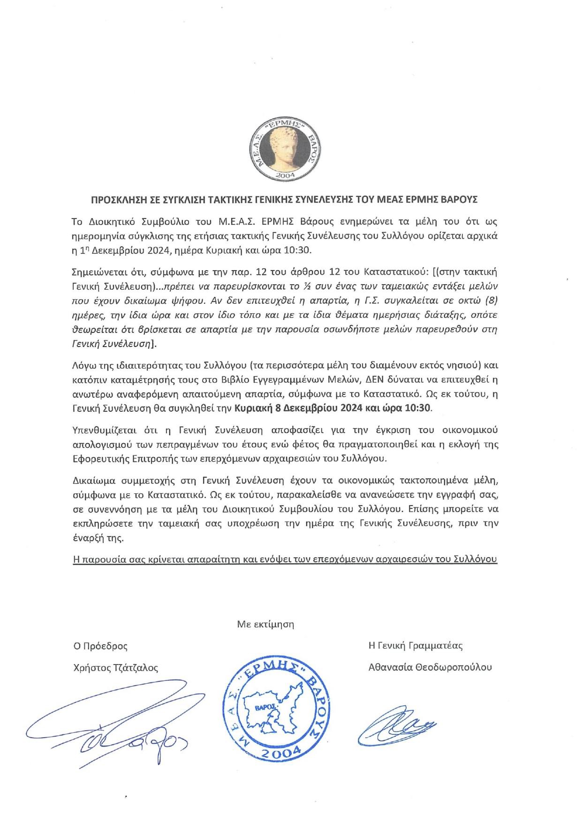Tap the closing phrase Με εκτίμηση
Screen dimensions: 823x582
point(265,624)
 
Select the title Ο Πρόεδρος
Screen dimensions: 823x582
point(100,646)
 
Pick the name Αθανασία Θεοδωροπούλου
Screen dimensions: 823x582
point(430,667)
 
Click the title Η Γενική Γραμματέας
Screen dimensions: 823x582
point(416,646)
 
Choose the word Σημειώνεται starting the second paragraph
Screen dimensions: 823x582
point(96,272)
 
